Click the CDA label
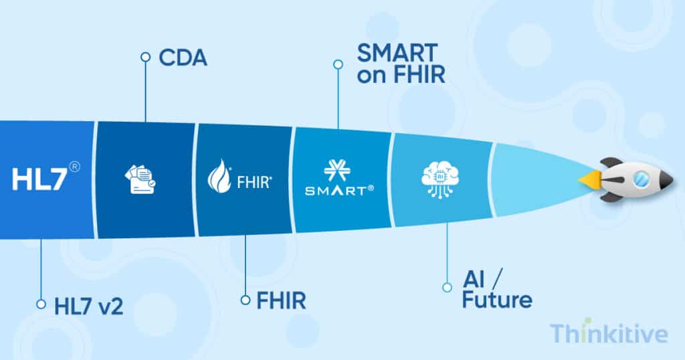pyautogui.click(x=183, y=58)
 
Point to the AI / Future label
pyautogui.click(x=497, y=289)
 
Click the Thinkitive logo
pyautogui.click(x=609, y=333)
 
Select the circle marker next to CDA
pyautogui.click(x=144, y=57)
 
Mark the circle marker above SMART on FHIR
pyautogui.click(x=338, y=64)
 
